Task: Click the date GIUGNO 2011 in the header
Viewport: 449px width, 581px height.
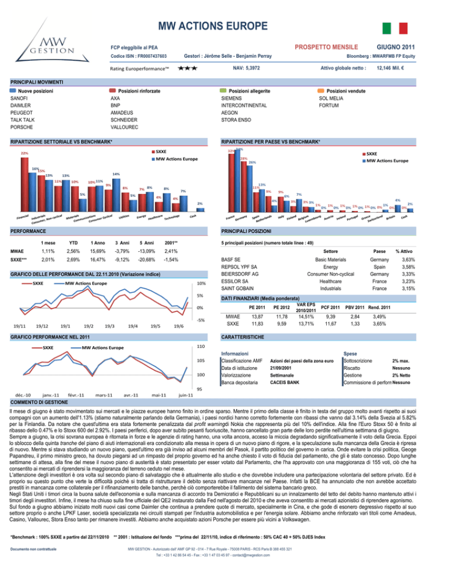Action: (x=396, y=46)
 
